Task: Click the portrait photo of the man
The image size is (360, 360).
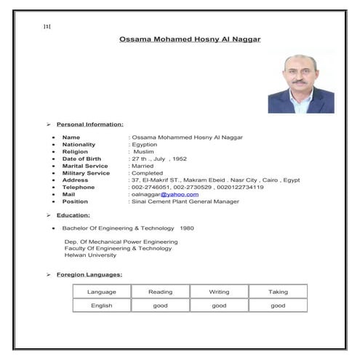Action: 300,81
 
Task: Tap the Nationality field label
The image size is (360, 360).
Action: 79,145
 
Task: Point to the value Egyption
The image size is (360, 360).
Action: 146,145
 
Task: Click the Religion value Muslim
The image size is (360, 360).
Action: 144,151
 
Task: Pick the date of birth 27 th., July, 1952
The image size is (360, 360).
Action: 159,159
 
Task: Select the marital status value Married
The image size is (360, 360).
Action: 143,166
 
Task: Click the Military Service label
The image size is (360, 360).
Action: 86,173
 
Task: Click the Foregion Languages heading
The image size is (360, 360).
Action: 89,275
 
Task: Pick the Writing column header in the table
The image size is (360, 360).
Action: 219,292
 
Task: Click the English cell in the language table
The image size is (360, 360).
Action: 101,306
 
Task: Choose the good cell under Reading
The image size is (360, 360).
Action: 160,306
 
